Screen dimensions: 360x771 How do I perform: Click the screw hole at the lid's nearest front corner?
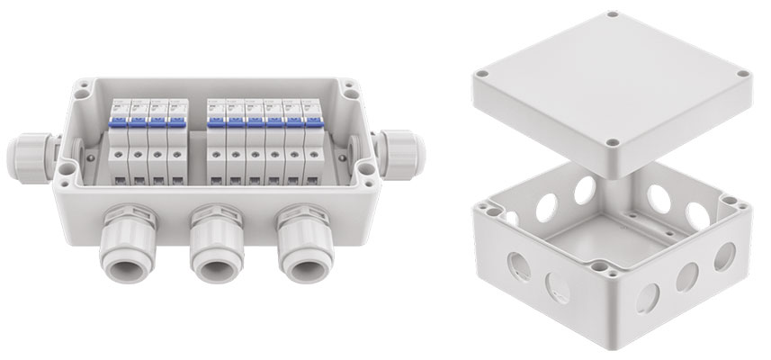click(611, 141)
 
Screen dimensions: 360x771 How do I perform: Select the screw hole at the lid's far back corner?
click(613, 14)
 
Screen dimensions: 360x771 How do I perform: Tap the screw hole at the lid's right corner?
click(742, 74)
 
